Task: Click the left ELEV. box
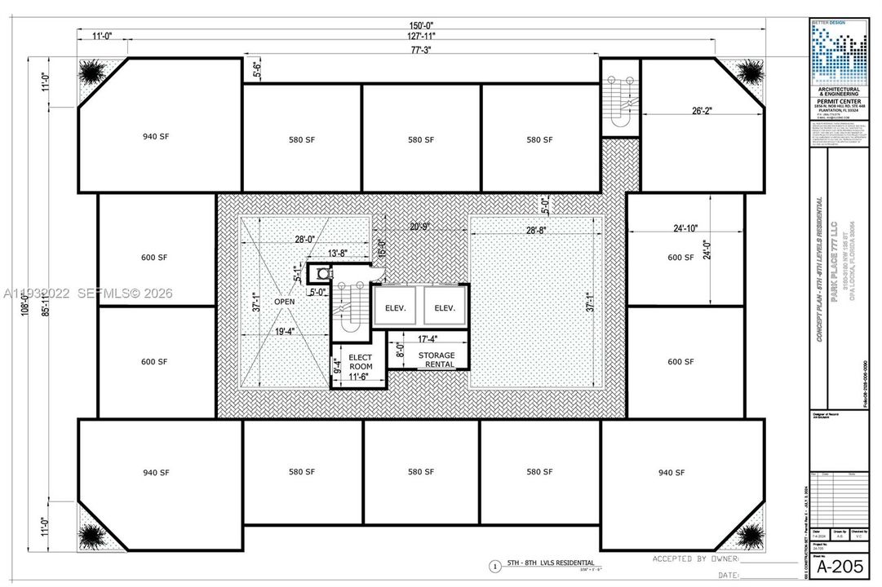point(395,307)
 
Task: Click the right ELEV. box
point(444,307)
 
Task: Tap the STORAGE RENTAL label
point(436,360)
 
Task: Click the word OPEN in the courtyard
point(284,301)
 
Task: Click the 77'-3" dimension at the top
point(420,50)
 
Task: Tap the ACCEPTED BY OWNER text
point(693,559)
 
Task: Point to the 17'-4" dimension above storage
point(427,338)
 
